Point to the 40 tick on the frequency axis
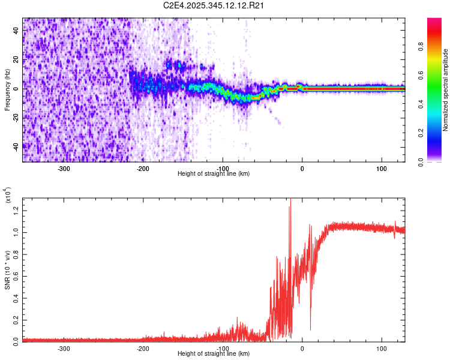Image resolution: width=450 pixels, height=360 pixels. (x=16, y=31)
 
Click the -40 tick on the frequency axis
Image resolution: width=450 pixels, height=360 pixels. (x=16, y=146)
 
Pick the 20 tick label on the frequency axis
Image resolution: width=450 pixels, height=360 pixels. (x=16, y=60)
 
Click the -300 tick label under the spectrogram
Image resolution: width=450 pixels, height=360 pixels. (x=64, y=168)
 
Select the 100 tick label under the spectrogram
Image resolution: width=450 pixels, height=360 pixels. (x=381, y=168)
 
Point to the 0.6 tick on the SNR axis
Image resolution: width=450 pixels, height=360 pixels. (x=16, y=275)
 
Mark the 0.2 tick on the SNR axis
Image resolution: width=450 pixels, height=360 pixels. (x=16, y=318)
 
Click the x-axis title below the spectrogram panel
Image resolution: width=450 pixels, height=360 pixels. (x=214, y=174)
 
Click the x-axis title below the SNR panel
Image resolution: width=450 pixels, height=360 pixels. (x=214, y=354)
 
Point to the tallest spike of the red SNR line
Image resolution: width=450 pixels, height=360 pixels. (x=290, y=200)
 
